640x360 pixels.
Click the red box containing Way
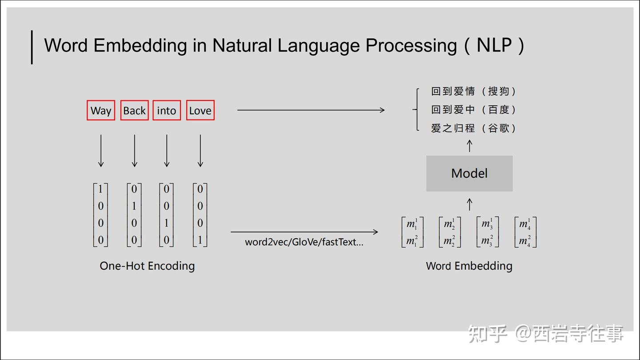(101, 110)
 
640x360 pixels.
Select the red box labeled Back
(134, 110)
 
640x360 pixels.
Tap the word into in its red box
(167, 110)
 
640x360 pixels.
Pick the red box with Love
(200, 110)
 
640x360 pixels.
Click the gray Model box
(469, 173)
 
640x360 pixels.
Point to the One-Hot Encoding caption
(147, 266)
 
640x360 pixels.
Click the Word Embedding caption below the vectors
(469, 266)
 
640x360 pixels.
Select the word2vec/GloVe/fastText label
(304, 243)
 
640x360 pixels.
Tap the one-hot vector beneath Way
(100, 215)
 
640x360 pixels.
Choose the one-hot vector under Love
(200, 215)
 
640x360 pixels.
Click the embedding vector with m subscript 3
(487, 232)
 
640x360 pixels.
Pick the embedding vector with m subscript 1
(412, 232)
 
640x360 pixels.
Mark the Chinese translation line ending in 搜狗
(473, 91)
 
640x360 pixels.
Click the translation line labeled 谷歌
(473, 128)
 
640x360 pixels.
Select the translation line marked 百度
(473, 109)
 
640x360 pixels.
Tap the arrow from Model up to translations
(469, 146)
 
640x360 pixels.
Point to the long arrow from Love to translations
(311, 110)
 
